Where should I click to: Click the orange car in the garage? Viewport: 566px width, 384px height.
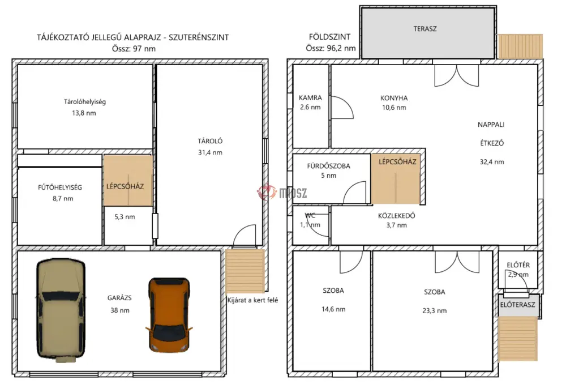(169, 315)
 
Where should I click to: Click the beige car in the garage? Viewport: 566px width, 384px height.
(61, 310)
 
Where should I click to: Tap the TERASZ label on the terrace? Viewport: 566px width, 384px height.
(425, 29)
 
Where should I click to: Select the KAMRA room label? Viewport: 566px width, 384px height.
(310, 97)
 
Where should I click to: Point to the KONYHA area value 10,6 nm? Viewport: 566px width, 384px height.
(394, 107)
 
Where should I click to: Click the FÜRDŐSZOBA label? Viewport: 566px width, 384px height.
(328, 166)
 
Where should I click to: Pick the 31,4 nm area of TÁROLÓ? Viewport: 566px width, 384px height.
(210, 152)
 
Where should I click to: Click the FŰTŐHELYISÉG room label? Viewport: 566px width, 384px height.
(60, 187)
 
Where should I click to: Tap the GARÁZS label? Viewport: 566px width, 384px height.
(119, 298)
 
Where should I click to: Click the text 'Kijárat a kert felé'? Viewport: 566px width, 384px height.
(252, 300)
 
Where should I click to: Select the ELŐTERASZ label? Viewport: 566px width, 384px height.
(518, 305)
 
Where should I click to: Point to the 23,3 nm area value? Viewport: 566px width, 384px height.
(434, 311)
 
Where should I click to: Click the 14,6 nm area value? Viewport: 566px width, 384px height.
(333, 309)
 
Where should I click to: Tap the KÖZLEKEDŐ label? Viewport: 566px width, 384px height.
(396, 216)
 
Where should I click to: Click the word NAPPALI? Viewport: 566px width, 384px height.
(491, 125)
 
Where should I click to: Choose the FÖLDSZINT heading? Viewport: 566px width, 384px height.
(329, 37)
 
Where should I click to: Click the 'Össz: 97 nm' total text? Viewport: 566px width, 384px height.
(134, 49)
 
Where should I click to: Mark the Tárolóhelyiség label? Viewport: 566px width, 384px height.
(85, 102)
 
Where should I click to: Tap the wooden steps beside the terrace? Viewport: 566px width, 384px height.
(520, 46)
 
